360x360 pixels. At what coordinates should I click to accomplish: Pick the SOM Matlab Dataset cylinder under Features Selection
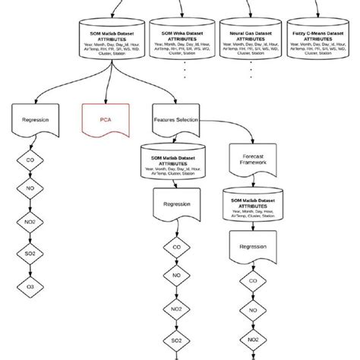point(175,162)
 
